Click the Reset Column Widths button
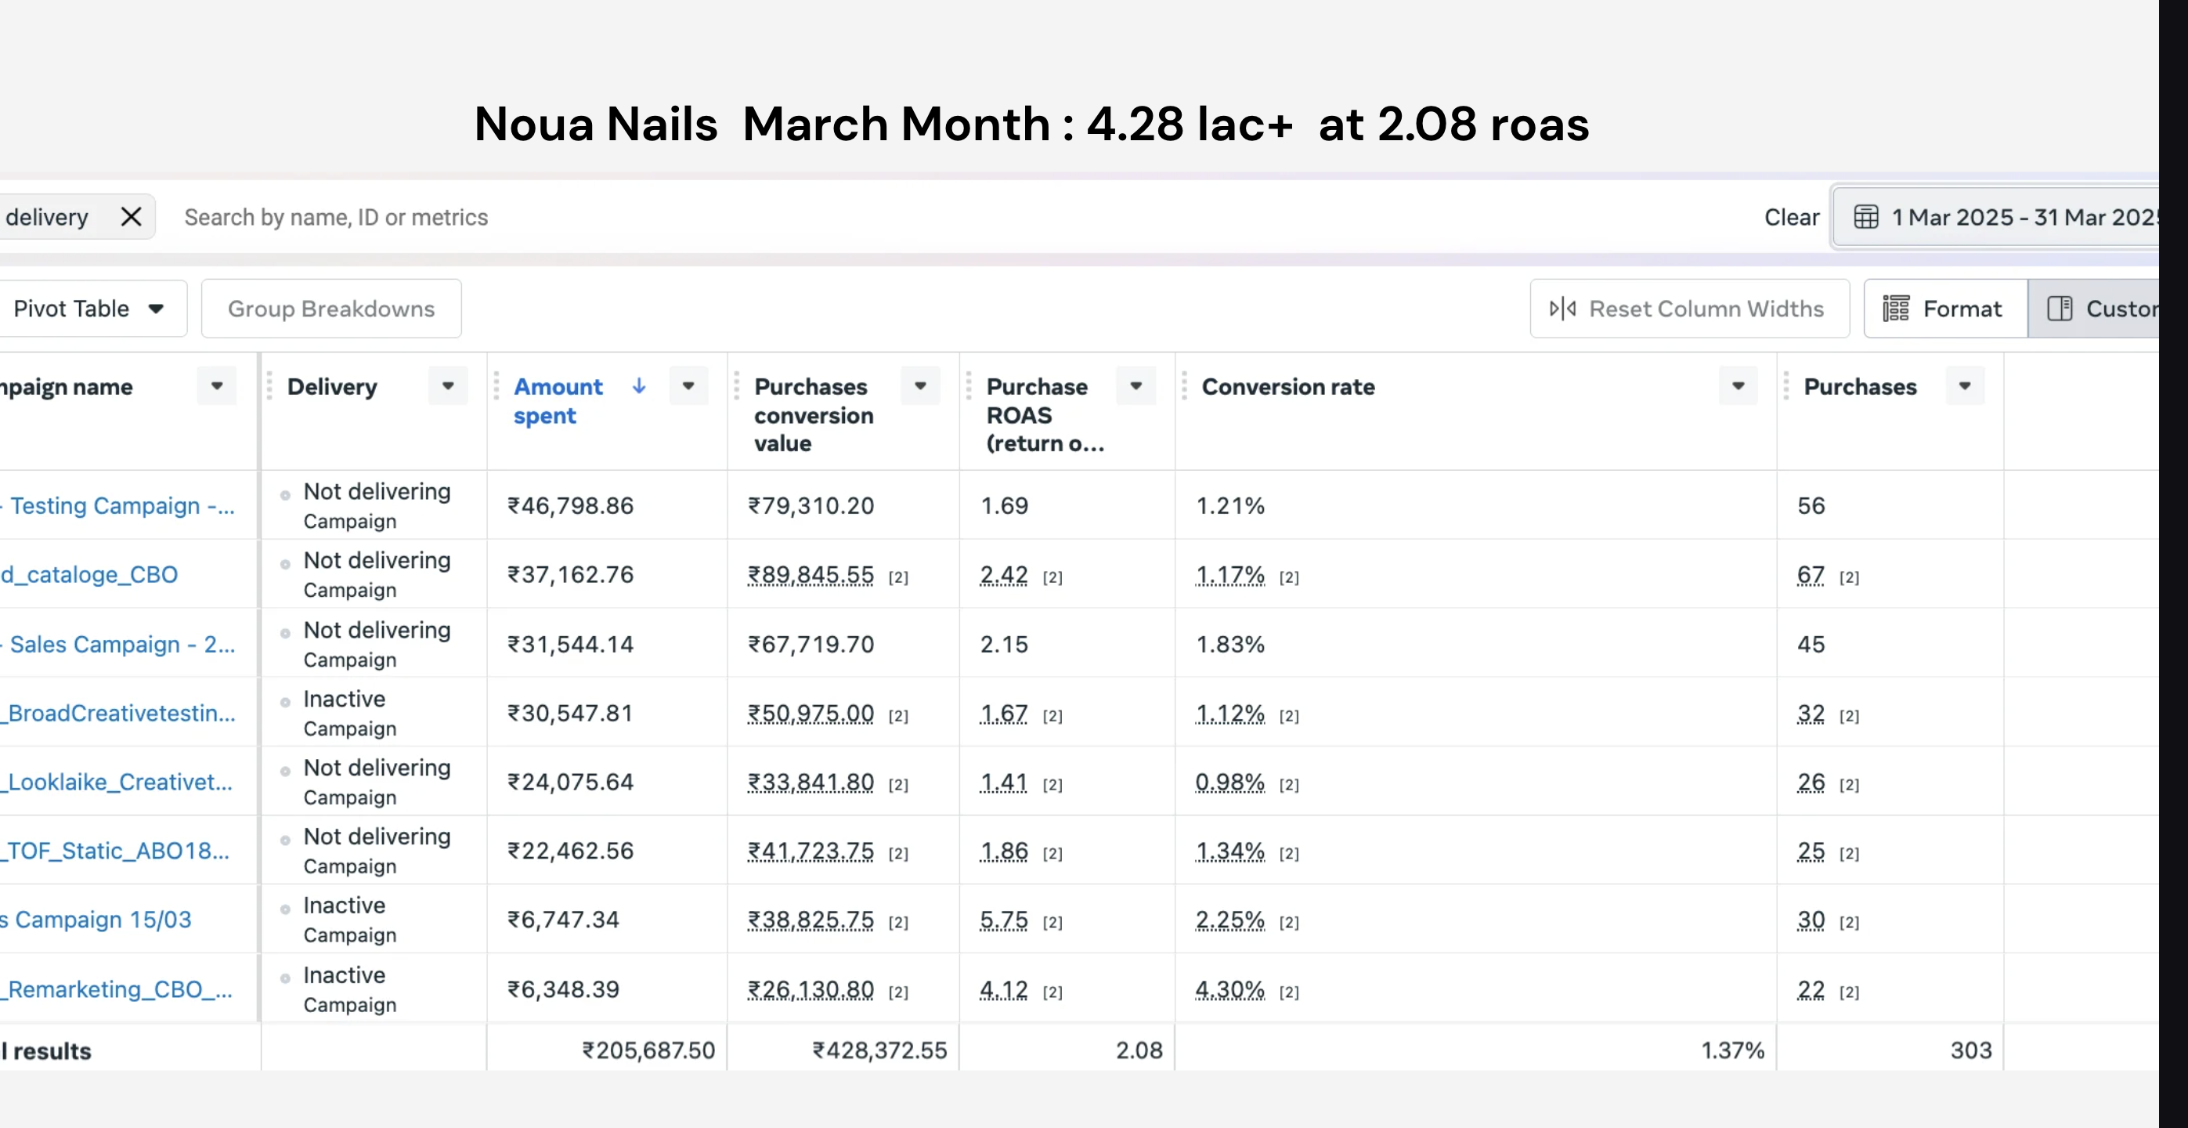click(x=1689, y=309)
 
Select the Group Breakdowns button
click(x=331, y=309)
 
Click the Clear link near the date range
click(x=1791, y=218)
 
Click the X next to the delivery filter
click(x=131, y=217)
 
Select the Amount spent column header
click(x=558, y=401)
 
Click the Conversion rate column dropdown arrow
click(x=1738, y=385)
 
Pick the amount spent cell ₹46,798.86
click(x=570, y=505)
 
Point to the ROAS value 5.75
click(x=1004, y=920)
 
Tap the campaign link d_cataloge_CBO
click(x=89, y=574)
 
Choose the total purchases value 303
click(x=1970, y=1050)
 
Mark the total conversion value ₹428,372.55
click(x=879, y=1050)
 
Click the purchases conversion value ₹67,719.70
click(x=811, y=644)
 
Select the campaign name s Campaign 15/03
click(x=96, y=920)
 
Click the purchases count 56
click(x=1811, y=505)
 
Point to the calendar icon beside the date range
click(x=1866, y=218)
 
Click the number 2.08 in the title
click(x=1427, y=124)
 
